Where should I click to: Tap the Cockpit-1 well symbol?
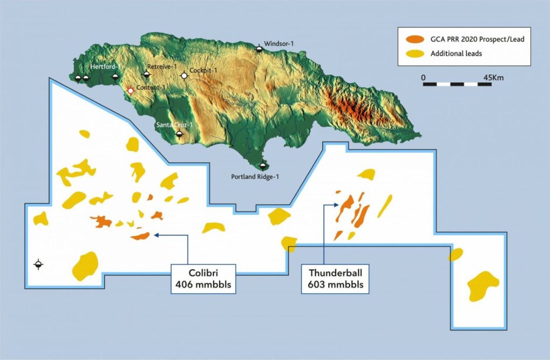pyautogui.click(x=184, y=76)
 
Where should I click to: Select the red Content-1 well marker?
pyautogui.click(x=130, y=91)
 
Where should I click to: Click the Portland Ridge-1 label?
pyautogui.click(x=255, y=176)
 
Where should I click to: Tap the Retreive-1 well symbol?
pyautogui.click(x=148, y=74)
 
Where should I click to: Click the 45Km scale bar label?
pyautogui.click(x=493, y=77)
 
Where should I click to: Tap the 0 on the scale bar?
pyautogui.click(x=424, y=77)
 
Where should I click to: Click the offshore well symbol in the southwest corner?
pyautogui.click(x=38, y=264)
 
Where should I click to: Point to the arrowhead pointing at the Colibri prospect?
pyautogui.click(x=156, y=235)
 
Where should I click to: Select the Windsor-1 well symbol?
pyautogui.click(x=259, y=49)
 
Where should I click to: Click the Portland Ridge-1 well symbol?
pyautogui.click(x=263, y=166)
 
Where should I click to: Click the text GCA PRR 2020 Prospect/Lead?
pyautogui.click(x=473, y=39)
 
